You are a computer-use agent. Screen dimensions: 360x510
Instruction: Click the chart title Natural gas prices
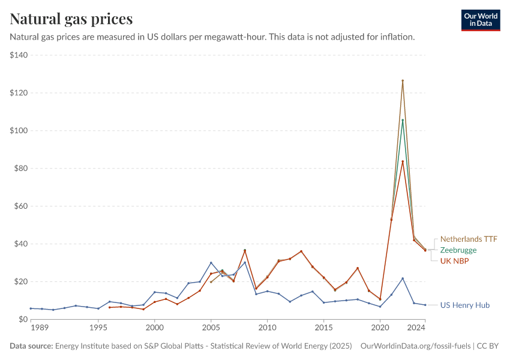[x=71, y=19]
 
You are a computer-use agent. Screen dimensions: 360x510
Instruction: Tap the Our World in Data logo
[x=480, y=20]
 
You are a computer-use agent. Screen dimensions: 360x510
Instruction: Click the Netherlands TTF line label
[x=469, y=238]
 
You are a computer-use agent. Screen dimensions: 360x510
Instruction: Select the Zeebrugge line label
[x=458, y=250]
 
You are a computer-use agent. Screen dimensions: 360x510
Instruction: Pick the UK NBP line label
[x=455, y=261]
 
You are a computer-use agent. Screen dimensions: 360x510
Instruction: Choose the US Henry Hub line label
[x=464, y=305]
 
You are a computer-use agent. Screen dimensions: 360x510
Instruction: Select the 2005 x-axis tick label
[x=211, y=328]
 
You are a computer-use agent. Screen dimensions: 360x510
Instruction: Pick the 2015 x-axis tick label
[x=323, y=328]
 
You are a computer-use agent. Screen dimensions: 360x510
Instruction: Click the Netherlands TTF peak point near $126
[x=403, y=80]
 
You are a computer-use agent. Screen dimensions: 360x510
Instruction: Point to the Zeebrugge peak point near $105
[x=403, y=120]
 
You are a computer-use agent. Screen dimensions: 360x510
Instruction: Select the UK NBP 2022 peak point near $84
[x=403, y=161]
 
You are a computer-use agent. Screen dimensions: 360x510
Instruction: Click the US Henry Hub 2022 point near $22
[x=403, y=278]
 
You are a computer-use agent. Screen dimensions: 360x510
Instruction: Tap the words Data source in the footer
[x=31, y=346]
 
